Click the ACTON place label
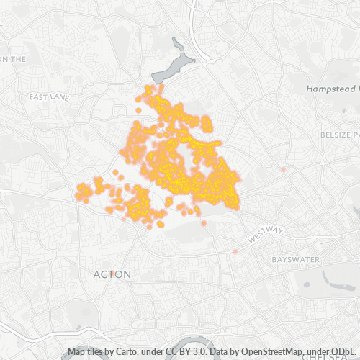tap(112, 274)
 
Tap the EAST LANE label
tap(48, 96)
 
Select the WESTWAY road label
tap(266, 234)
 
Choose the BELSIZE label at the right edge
tap(339, 135)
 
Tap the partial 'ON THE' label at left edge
tap(13, 59)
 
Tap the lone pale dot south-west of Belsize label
tap(284, 169)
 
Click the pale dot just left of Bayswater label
tap(235, 251)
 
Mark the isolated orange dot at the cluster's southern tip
tap(204, 223)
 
